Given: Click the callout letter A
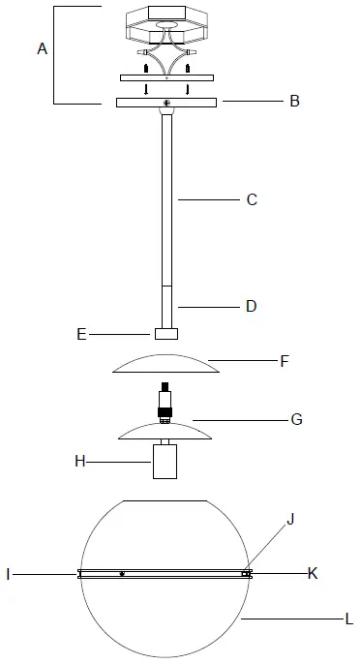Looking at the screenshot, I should click(x=43, y=49).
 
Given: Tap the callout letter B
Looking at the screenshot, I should click(x=294, y=100).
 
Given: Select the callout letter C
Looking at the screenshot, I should click(x=252, y=200).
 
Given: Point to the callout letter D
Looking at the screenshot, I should click(x=251, y=306).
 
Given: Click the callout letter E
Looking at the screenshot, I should click(x=81, y=335).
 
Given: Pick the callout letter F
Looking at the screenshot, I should click(x=285, y=362).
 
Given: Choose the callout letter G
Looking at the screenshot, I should click(x=296, y=419).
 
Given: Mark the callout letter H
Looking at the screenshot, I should click(x=80, y=462).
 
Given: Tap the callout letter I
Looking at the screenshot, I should click(x=8, y=574).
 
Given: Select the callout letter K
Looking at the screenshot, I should click(x=313, y=573).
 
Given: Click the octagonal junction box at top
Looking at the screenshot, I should click(x=166, y=23).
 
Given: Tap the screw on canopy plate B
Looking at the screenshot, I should click(x=167, y=103).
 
